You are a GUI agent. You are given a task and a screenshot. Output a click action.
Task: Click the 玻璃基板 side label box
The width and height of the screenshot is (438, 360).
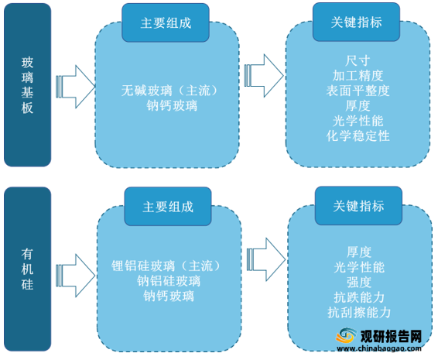point(27,85)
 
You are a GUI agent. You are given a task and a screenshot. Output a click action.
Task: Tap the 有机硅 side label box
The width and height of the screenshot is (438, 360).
point(27,269)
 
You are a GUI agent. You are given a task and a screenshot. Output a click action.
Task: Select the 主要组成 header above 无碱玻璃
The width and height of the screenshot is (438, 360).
point(166,22)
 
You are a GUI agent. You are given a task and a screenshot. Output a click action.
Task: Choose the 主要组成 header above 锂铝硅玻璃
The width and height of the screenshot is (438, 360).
point(168,207)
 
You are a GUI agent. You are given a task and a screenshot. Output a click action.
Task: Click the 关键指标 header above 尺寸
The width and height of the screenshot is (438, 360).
point(357,22)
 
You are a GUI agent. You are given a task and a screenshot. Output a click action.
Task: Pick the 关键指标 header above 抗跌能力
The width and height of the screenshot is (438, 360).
point(358,206)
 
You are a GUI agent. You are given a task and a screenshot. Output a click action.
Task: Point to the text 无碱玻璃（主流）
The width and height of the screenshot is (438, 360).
point(169,91)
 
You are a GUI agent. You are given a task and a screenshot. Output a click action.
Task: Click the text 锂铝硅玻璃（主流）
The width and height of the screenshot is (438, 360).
point(166,266)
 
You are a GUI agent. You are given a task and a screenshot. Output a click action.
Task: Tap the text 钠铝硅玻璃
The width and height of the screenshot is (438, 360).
point(169,281)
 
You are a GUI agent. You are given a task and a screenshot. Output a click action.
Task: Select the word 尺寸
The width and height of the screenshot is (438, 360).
point(358,60)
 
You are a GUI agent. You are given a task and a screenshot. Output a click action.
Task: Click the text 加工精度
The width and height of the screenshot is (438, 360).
point(358,76)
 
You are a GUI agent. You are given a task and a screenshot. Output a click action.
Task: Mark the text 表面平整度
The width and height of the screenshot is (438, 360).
point(358,91)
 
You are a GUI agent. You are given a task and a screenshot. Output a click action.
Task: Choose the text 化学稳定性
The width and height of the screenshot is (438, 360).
point(358,136)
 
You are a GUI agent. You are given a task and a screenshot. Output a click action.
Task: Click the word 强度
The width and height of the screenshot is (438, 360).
point(359,283)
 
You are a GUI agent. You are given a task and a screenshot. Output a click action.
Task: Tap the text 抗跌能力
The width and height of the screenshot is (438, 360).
point(359,297)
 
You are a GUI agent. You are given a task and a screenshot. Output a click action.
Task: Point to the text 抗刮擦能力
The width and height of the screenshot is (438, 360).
point(359,313)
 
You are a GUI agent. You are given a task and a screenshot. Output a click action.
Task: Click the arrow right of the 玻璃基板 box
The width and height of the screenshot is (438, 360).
point(75,87)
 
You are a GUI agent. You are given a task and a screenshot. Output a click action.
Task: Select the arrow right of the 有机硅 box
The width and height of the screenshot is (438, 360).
point(75,276)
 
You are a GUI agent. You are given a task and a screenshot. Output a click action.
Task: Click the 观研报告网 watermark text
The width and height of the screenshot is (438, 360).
point(391,336)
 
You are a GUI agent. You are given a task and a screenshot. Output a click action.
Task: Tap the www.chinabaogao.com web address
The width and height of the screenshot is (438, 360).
point(379,348)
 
